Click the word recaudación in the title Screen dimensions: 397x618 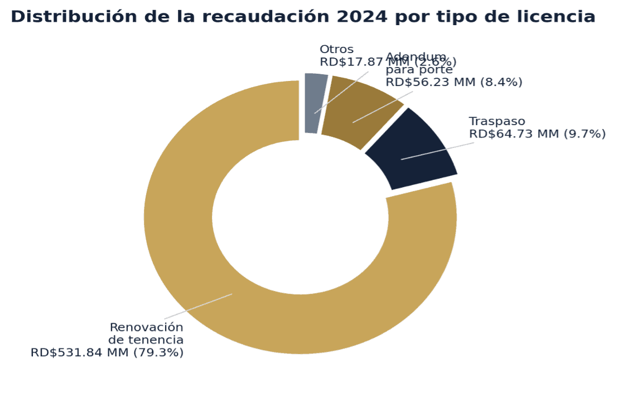tap(262, 17)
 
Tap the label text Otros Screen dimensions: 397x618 tap(336, 49)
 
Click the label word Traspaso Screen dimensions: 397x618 tap(497, 121)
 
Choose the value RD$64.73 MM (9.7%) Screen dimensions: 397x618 tap(537, 134)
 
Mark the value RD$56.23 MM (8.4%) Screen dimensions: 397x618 tap(454, 82)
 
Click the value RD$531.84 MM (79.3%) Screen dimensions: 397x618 tap(107, 352)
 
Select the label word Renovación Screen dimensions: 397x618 tap(147, 327)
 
